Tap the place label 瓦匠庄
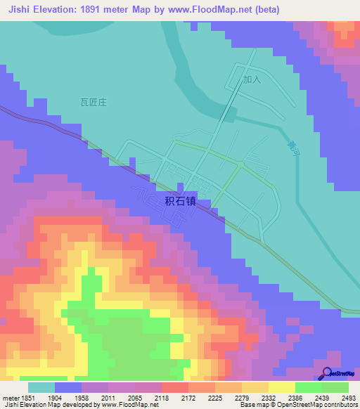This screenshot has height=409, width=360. point(92,102)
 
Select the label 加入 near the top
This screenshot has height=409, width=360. point(252,79)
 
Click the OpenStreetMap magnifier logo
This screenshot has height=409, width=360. point(328,374)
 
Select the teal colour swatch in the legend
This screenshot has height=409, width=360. point(41,387)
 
